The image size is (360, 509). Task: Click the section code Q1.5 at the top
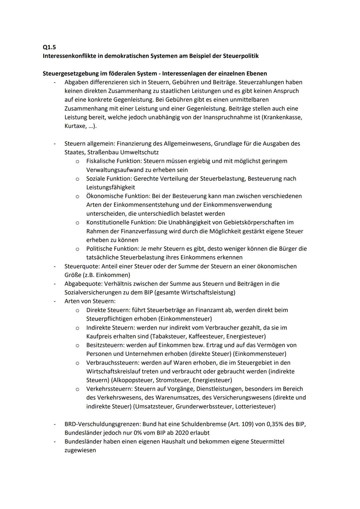[x=49, y=47]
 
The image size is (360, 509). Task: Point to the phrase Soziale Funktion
[x=108, y=179]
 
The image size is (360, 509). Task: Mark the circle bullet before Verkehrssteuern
[x=77, y=389]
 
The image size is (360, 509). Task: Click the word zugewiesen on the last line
[x=80, y=450]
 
